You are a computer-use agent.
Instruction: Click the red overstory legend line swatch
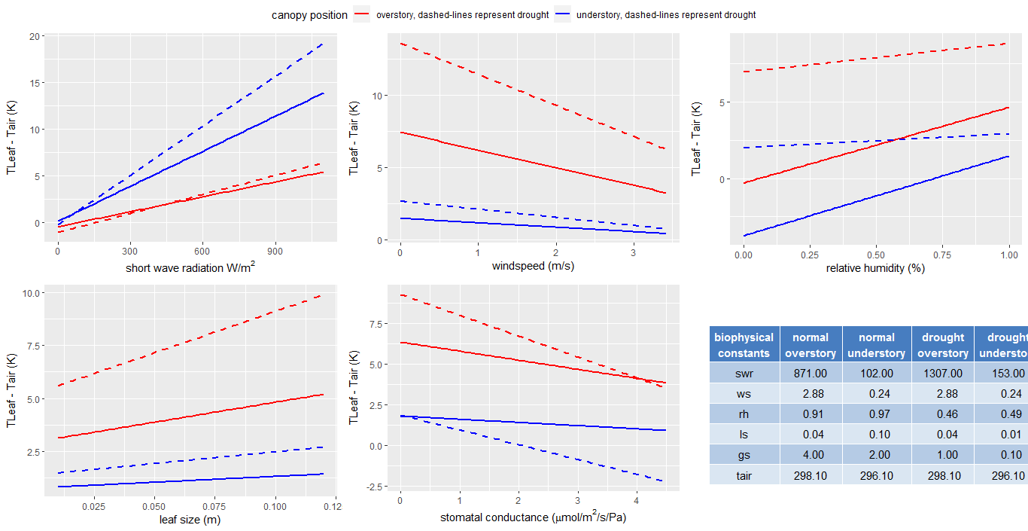363,15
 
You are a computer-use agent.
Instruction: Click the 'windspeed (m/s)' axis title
533,267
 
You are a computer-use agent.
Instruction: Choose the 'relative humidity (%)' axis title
875,268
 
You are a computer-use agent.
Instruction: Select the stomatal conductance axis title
533,518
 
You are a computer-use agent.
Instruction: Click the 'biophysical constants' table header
744,345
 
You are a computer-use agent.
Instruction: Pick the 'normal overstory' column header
811,345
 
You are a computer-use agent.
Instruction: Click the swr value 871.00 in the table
811,374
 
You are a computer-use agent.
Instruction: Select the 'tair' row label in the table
744,475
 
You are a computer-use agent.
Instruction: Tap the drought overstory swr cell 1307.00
942,374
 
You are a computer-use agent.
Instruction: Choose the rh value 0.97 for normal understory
877,414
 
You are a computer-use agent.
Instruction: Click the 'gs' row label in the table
744,455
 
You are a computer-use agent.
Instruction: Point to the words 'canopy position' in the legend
309,15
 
